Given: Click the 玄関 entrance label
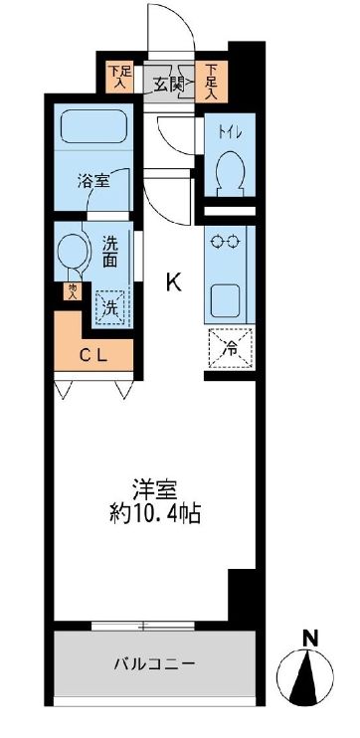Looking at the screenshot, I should tap(169, 84).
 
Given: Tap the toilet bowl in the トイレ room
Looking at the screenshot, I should tap(228, 168).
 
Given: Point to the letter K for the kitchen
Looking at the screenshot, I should tap(173, 282).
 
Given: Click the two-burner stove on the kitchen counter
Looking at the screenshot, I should tap(228, 241).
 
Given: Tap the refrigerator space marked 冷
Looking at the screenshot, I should tap(228, 347).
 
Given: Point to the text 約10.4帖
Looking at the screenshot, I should tap(157, 515).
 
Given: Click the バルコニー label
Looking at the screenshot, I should tap(153, 663).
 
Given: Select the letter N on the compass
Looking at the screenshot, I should tap(311, 637).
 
